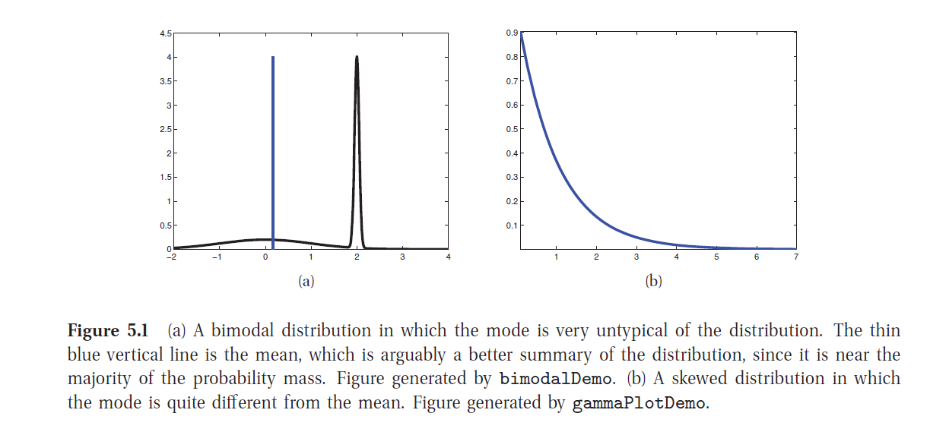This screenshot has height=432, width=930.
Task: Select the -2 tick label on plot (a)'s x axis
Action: [x=173, y=257]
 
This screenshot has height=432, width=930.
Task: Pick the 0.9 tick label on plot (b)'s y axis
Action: [x=512, y=33]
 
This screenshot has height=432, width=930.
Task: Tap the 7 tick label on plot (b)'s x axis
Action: [x=796, y=257]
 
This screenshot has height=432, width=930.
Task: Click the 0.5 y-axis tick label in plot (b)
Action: [x=512, y=129]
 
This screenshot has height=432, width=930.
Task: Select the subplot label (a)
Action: [x=306, y=282]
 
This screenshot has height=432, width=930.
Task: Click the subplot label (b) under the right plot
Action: [x=653, y=282]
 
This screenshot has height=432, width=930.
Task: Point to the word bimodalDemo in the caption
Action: [x=541, y=379]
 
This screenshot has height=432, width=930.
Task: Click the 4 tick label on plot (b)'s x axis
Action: [x=676, y=257]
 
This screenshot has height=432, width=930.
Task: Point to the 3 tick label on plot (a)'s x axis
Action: [x=402, y=257]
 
